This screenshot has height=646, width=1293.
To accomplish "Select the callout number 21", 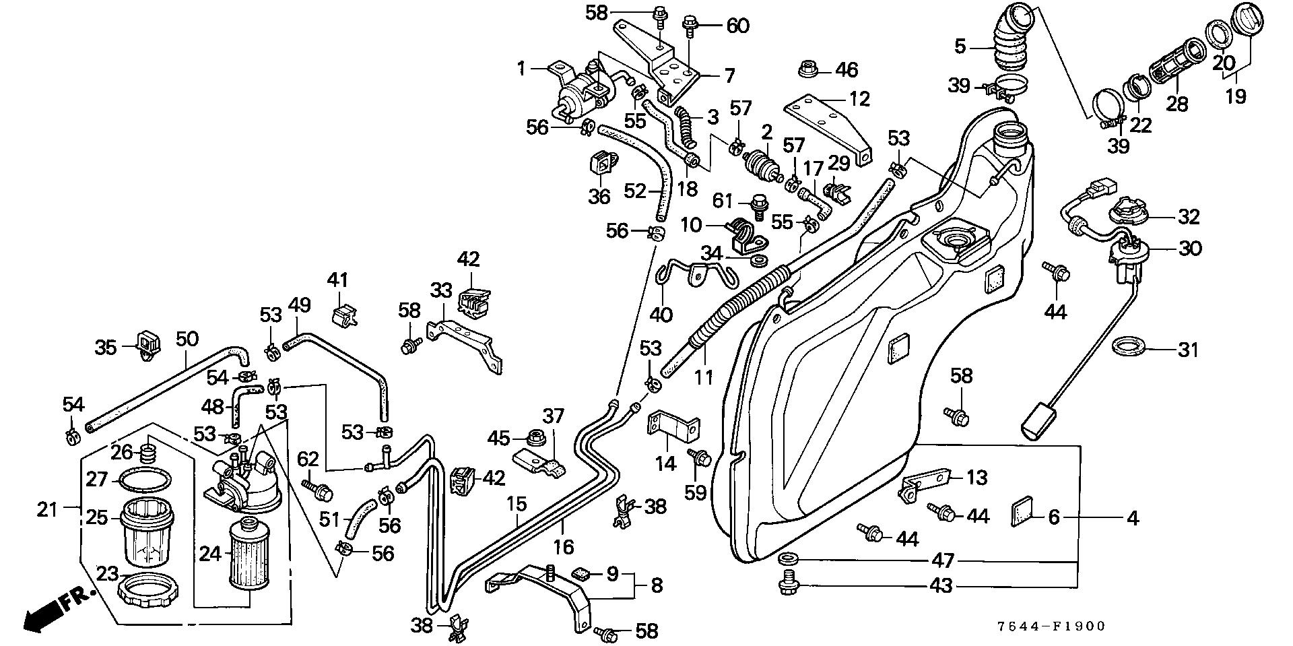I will click(46, 510).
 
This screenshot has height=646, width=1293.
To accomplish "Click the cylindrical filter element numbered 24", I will click(248, 556).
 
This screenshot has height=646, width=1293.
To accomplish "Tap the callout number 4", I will click(1133, 518).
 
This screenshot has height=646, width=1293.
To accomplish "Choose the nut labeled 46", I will click(808, 69).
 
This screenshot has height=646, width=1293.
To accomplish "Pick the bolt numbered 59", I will click(700, 458).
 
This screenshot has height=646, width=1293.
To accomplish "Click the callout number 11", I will click(704, 377).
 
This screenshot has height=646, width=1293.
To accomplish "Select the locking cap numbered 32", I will click(1131, 212).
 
